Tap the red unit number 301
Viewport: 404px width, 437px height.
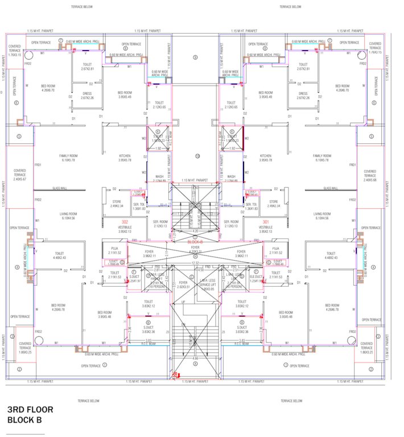[x=265, y=222]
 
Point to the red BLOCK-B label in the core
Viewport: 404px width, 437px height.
[x=195, y=242]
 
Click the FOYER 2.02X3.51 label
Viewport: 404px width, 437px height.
[x=183, y=285]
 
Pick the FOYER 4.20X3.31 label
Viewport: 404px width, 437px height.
[x=195, y=250]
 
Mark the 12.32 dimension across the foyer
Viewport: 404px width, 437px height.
[x=195, y=263]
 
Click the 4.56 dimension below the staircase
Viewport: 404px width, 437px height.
[x=195, y=374]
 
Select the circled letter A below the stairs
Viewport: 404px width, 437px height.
[x=195, y=364]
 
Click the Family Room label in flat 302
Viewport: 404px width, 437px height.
[x=68, y=158]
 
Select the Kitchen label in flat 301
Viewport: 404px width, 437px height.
[x=265, y=158]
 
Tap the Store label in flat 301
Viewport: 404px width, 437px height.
[x=274, y=203]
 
